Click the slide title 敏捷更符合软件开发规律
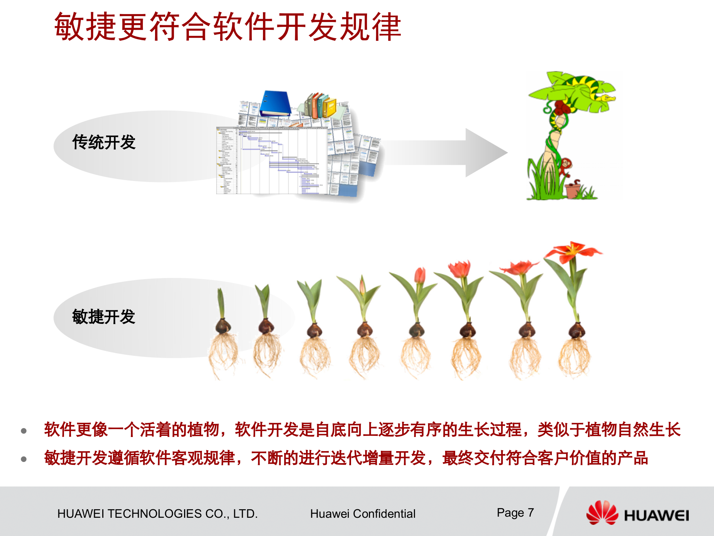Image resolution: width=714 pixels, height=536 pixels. coord(228,27)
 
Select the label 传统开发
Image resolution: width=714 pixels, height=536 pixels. coord(104,142)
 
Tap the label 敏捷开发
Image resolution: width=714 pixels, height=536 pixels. coord(104,317)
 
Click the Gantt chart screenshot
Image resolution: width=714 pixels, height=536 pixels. coord(271,160)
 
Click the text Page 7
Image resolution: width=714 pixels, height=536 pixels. coord(515,513)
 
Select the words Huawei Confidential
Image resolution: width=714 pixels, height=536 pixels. coord(363,514)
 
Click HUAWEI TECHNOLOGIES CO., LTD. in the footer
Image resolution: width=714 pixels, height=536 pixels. coord(157,514)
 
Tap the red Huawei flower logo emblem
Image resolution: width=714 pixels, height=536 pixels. coord(602,513)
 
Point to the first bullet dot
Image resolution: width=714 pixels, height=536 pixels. coord(24,431)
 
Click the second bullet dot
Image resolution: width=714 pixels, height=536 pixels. coord(24,459)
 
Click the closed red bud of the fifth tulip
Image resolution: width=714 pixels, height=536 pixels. coord(420,275)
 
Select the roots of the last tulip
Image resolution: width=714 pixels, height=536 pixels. coord(575,357)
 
